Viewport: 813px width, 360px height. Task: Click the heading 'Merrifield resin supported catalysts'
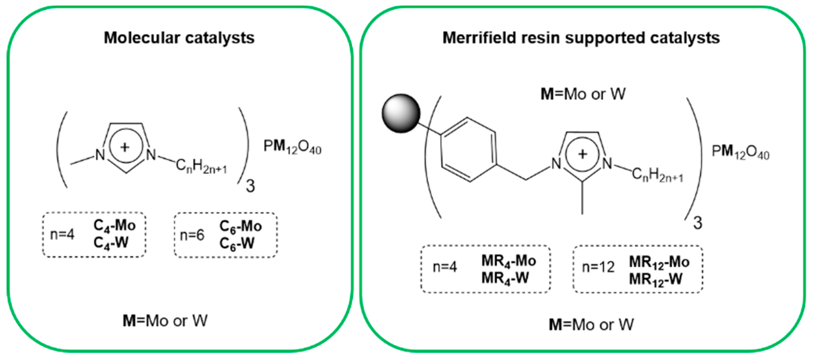[581, 38]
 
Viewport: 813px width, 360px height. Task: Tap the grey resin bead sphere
[401, 113]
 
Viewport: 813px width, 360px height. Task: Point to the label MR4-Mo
[509, 261]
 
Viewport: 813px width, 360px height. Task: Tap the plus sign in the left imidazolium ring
[125, 147]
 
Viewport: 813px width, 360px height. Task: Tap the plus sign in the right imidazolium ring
[582, 154]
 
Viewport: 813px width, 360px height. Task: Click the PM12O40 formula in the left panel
[292, 147]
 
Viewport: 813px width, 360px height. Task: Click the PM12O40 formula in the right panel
[740, 152]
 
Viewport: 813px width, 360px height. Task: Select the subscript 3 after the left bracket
[250, 186]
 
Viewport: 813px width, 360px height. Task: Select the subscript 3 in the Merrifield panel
[697, 223]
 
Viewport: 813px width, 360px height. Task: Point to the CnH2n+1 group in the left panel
[201, 166]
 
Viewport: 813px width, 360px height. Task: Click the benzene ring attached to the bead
[468, 150]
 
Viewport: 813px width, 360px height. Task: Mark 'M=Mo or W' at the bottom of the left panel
[165, 321]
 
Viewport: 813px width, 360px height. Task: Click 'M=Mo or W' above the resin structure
[583, 94]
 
